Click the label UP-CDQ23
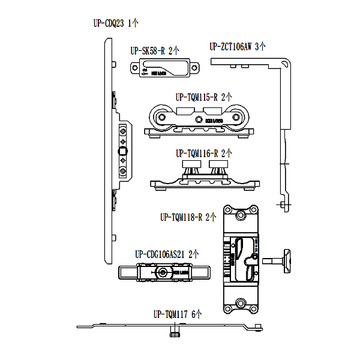(x=109, y=24)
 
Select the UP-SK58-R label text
(x=148, y=52)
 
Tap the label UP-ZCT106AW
(x=231, y=46)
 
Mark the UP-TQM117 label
(x=171, y=314)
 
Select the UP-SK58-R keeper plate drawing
(x=164, y=68)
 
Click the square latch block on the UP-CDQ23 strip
(x=123, y=150)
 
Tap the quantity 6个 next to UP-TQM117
(x=197, y=314)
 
